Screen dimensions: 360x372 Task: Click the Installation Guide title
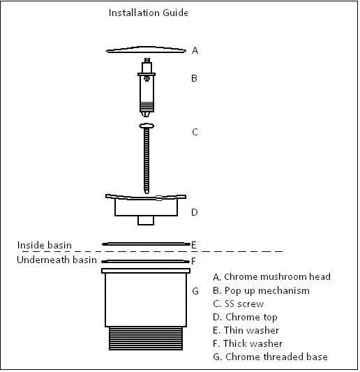click(149, 13)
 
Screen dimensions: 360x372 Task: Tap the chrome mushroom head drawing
click(146, 50)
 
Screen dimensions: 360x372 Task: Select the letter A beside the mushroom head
click(195, 50)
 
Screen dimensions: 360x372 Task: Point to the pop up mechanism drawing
click(147, 87)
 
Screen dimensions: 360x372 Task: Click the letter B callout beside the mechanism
click(194, 78)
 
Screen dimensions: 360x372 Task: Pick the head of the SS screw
click(147, 126)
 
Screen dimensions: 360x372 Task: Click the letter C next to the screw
click(195, 132)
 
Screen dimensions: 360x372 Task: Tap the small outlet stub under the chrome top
click(146, 221)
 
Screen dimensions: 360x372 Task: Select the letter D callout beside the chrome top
click(195, 212)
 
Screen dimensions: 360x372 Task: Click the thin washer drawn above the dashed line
click(146, 244)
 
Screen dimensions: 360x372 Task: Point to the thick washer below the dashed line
click(146, 262)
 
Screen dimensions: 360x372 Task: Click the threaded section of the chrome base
click(146, 338)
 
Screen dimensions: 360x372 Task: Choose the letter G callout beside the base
click(195, 291)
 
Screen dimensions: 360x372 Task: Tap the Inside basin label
click(45, 245)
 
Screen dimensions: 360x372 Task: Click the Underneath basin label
click(57, 260)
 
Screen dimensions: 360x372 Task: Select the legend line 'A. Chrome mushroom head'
click(272, 277)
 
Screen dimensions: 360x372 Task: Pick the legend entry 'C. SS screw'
click(239, 304)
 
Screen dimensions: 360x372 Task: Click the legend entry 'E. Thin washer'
click(246, 330)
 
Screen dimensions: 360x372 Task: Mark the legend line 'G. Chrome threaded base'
click(271, 357)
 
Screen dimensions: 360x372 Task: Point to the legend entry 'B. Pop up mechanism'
click(262, 291)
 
